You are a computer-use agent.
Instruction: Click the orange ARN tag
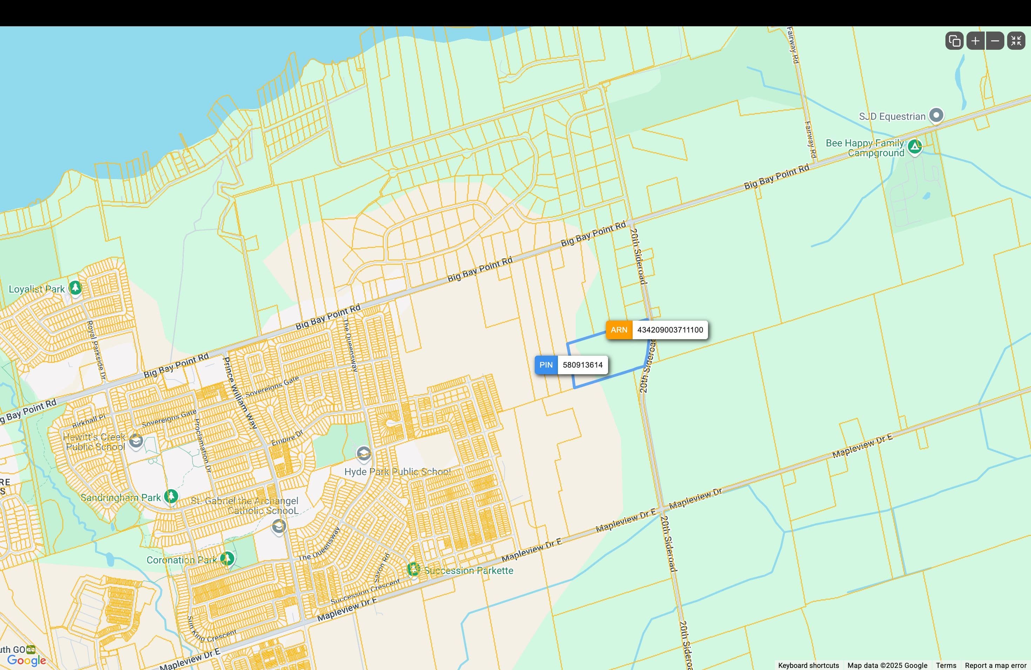[x=619, y=330]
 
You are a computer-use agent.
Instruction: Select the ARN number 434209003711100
[x=670, y=330]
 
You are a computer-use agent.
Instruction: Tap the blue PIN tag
[x=546, y=365]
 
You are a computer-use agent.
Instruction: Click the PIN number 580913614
[x=582, y=365]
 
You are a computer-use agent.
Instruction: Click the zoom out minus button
[x=995, y=41]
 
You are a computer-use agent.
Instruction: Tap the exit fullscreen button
[x=1016, y=41]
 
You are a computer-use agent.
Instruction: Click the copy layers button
[x=954, y=41]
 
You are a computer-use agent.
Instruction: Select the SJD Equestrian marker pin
[x=936, y=115]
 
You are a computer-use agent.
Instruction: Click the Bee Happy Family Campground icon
[x=915, y=147]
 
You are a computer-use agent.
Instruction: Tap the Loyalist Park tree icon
[x=75, y=287]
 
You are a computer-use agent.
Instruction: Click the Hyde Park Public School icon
[x=363, y=453]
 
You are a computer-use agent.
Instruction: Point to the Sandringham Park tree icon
[x=171, y=496]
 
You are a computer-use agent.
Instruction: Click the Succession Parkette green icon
[x=413, y=569]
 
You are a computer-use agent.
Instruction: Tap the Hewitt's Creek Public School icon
[x=136, y=441]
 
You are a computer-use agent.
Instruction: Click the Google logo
[x=26, y=660]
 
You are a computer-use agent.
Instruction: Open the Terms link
[x=946, y=665]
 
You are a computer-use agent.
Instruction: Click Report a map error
[x=995, y=665]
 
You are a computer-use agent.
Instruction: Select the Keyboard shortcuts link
[x=808, y=665]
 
